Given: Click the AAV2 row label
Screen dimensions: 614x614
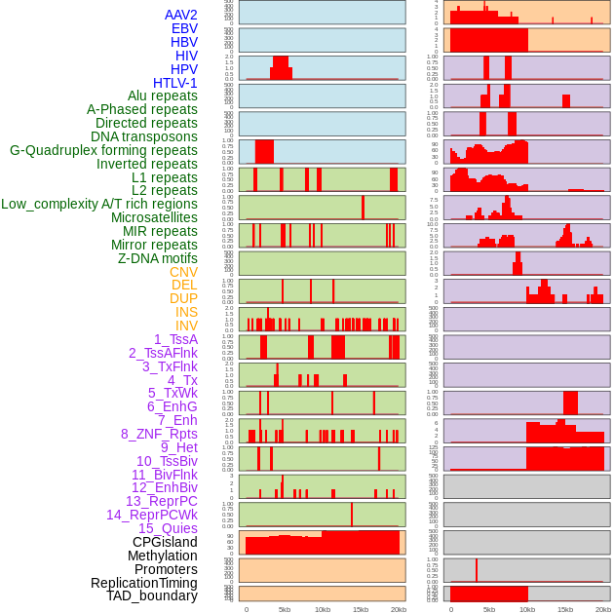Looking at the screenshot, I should [x=180, y=15].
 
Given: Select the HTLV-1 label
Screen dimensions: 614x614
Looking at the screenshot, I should [x=174, y=83].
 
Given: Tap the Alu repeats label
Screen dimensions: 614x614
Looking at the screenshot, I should [x=162, y=96].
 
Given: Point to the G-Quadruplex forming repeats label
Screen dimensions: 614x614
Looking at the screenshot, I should [x=103, y=150].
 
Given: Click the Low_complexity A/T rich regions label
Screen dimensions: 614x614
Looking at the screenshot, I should [x=98, y=204].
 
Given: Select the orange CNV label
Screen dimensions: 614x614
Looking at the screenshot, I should [x=183, y=272].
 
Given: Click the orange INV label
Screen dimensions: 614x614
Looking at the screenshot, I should [x=186, y=326].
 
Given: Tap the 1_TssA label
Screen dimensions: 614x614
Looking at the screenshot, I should [x=175, y=339].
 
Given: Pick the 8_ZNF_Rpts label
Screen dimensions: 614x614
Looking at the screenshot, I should [x=159, y=434].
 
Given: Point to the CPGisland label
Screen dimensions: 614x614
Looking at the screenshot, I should [x=165, y=542].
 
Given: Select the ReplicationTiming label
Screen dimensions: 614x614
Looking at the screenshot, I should [x=143, y=583].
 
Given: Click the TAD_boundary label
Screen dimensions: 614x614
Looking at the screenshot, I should [x=151, y=595].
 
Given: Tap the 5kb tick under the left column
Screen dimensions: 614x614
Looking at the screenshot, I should [x=285, y=609].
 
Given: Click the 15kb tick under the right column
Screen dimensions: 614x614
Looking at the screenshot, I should [x=565, y=609].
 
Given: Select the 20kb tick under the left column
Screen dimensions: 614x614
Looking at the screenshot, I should [x=399, y=609].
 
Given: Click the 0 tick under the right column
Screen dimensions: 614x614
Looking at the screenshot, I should [x=450, y=609].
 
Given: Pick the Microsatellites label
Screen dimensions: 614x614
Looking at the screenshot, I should [x=154, y=217].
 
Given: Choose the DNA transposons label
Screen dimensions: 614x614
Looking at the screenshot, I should [x=144, y=136].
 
